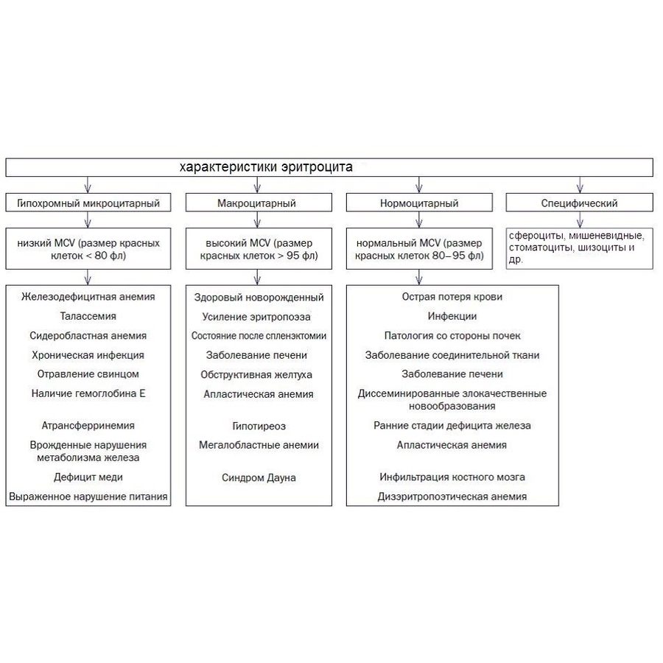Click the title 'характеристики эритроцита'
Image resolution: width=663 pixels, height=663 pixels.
266,167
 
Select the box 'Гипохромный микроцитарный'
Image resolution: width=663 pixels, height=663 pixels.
88,203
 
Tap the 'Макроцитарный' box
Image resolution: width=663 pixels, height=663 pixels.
259,203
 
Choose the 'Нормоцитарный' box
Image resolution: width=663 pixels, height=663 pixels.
419,203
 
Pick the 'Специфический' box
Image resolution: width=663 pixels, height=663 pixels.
579,203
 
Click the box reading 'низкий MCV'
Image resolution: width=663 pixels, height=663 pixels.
88,249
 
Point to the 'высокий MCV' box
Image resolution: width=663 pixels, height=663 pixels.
259,249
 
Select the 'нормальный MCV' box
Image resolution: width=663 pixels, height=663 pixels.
419,249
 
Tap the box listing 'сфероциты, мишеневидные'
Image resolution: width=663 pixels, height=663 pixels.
579,249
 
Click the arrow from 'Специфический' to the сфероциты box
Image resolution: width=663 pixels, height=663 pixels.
580,220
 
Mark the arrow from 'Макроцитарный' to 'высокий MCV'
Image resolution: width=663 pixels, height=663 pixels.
258,220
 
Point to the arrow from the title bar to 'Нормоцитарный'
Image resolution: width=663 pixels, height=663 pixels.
419,185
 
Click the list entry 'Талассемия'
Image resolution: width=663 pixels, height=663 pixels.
88,316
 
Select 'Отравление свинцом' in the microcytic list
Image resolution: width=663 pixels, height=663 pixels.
88,374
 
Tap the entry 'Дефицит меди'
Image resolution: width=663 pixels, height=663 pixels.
88,477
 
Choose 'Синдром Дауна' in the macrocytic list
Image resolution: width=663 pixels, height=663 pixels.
259,478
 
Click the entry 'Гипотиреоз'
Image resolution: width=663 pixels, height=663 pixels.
259,427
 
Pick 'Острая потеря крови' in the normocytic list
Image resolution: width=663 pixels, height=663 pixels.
452,297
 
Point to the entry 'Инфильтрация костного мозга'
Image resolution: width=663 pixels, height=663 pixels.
452,477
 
